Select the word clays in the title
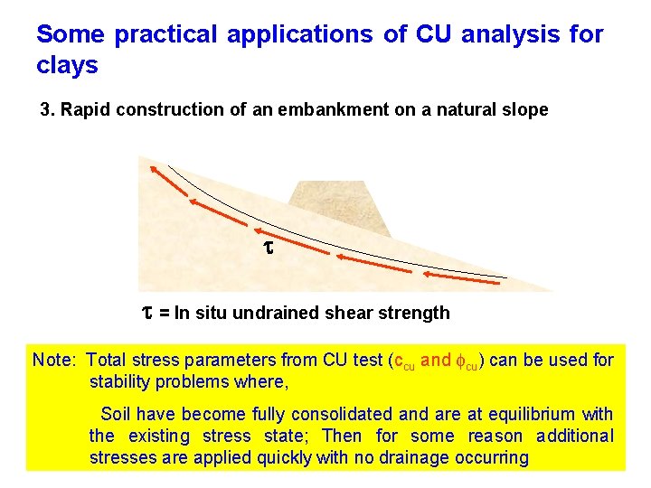coord(67,66)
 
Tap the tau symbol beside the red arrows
coord(267,246)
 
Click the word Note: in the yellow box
coord(55,361)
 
